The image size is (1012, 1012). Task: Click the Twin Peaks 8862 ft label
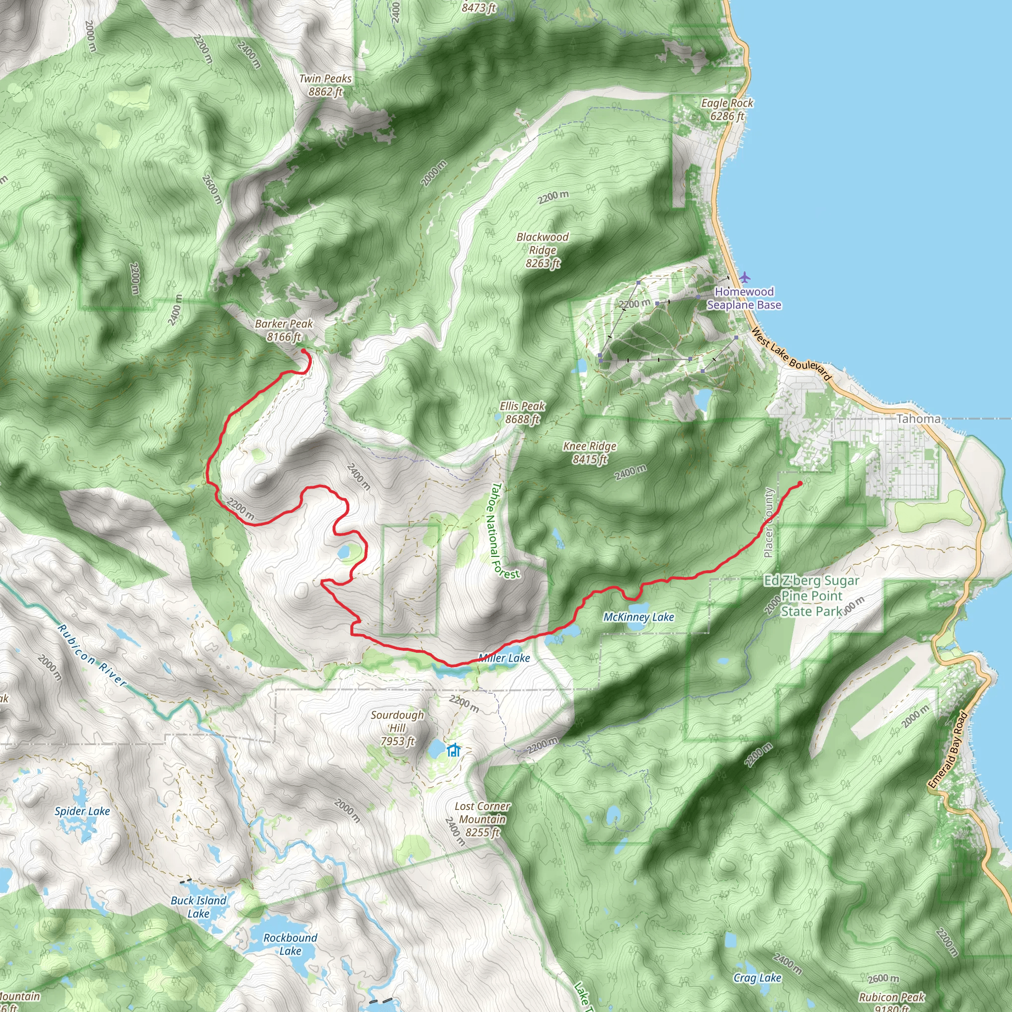pyautogui.click(x=325, y=85)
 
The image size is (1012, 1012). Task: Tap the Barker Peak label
pyautogui.click(x=284, y=331)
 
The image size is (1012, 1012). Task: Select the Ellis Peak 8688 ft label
pyautogui.click(x=522, y=413)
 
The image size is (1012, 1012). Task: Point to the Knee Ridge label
pyautogui.click(x=590, y=453)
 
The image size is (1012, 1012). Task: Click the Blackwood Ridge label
pyautogui.click(x=543, y=250)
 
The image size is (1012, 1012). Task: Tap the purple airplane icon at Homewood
pyautogui.click(x=744, y=277)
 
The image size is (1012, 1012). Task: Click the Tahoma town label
pyautogui.click(x=918, y=419)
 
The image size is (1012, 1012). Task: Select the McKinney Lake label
pyautogui.click(x=638, y=617)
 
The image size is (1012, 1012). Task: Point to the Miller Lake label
pyautogui.click(x=505, y=658)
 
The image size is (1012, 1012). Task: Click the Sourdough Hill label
pyautogui.click(x=398, y=728)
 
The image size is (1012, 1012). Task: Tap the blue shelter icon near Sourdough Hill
pyautogui.click(x=454, y=750)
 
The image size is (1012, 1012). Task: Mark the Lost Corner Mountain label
pyautogui.click(x=482, y=819)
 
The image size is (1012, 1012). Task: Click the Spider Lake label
pyautogui.click(x=82, y=811)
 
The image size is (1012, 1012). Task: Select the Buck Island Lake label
pyautogui.click(x=199, y=907)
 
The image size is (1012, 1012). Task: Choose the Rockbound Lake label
pyautogui.click(x=290, y=944)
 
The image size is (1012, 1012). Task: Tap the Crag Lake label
pyautogui.click(x=758, y=978)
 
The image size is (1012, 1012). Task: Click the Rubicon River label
pyautogui.click(x=92, y=655)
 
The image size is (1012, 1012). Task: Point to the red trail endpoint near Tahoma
pyautogui.click(x=800, y=483)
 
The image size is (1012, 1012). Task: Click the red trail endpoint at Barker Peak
pyautogui.click(x=303, y=351)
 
